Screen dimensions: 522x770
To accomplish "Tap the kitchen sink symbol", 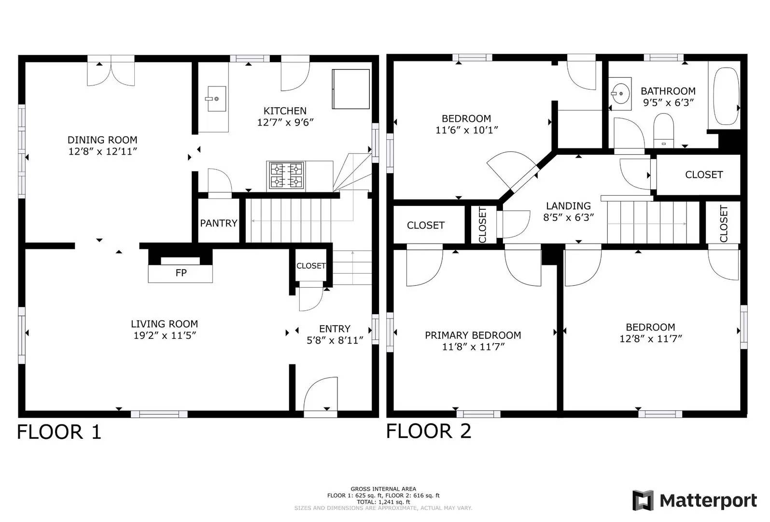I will [x=217, y=99].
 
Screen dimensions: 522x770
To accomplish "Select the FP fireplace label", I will [x=181, y=273].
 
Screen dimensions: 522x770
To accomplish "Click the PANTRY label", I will [x=219, y=223].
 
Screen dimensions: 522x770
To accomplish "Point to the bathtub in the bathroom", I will [x=726, y=97].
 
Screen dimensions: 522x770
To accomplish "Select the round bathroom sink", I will [x=620, y=91].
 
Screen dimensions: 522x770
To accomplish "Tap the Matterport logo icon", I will [x=643, y=500].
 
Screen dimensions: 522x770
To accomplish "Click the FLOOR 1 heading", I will [x=59, y=432].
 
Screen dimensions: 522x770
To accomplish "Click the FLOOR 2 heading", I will [x=428, y=431].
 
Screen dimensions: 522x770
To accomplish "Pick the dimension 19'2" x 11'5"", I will [x=165, y=335].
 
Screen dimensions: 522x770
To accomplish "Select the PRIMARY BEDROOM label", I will [x=473, y=335].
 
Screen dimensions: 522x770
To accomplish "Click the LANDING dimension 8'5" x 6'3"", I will [x=568, y=217].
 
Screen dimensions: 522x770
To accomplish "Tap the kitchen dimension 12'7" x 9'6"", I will [x=285, y=122].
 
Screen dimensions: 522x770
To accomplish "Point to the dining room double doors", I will [x=111, y=72].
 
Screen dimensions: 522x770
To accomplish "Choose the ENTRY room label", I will [x=335, y=329].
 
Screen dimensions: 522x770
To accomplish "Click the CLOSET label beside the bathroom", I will [x=703, y=174].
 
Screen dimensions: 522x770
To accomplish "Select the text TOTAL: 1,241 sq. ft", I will [x=383, y=502].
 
